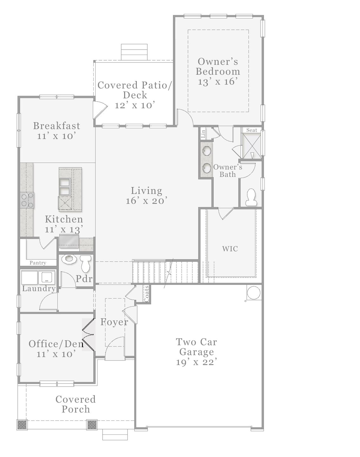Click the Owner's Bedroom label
click(x=218, y=66)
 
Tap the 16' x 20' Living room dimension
click(x=146, y=201)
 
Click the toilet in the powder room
click(x=85, y=263)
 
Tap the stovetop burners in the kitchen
click(x=27, y=200)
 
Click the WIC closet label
click(x=230, y=249)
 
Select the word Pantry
click(x=38, y=263)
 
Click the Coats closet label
click(x=146, y=294)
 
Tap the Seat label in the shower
click(x=252, y=130)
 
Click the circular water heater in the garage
click(x=253, y=293)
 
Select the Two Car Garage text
click(x=197, y=347)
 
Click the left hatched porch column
click(x=22, y=425)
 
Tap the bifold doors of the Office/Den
click(x=88, y=335)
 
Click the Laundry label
click(x=39, y=288)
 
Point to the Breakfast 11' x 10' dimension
click(x=57, y=136)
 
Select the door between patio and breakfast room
click(x=99, y=110)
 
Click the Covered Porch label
click(x=76, y=404)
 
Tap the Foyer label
click(x=114, y=322)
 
